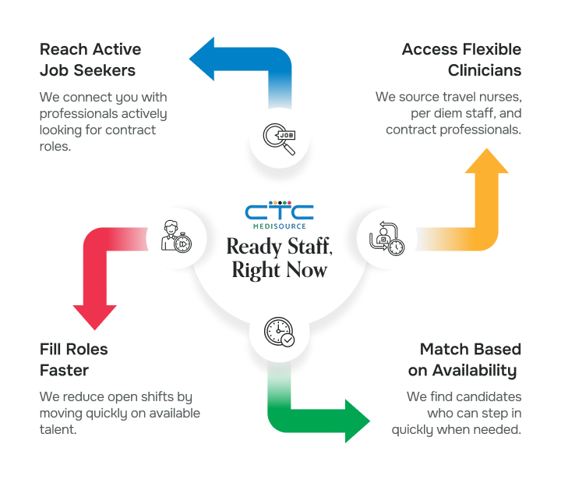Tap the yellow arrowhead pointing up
(x=488, y=162)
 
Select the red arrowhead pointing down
(x=94, y=315)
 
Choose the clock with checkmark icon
(x=280, y=332)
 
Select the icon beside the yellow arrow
(x=386, y=236)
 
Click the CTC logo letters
(x=280, y=212)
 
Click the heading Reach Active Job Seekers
(x=90, y=60)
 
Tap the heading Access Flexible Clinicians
(x=461, y=60)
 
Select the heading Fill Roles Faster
(x=73, y=358)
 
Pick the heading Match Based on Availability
(x=469, y=358)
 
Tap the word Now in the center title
(x=307, y=270)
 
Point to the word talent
(x=58, y=428)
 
